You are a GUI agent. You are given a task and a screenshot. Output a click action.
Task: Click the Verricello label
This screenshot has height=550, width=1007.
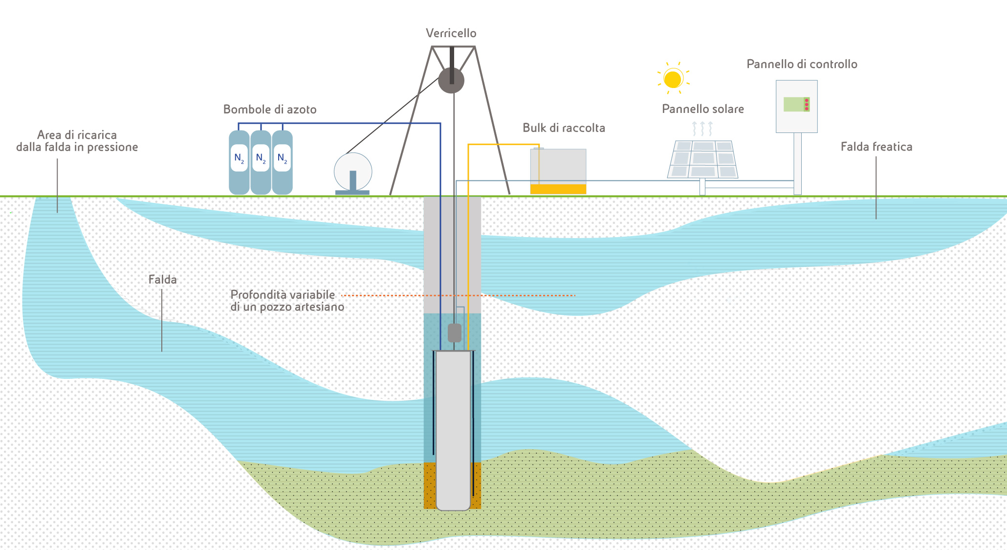click(x=451, y=33)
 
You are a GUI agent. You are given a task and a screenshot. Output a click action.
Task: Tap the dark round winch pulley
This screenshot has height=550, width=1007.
click(x=451, y=80)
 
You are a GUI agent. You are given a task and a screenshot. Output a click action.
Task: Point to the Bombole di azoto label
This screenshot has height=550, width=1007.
click(x=270, y=110)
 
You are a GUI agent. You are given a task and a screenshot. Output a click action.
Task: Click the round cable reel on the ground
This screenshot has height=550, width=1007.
click(x=353, y=171)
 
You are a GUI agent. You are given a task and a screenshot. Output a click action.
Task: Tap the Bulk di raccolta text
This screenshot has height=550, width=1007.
click(x=564, y=128)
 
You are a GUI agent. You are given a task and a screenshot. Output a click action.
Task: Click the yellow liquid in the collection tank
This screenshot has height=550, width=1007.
click(x=558, y=189)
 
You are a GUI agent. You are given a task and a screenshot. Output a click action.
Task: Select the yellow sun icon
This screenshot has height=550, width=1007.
click(x=673, y=79)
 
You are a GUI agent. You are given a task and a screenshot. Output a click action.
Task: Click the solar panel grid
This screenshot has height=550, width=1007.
click(x=702, y=159)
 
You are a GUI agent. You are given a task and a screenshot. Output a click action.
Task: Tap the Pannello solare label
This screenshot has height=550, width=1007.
click(x=702, y=109)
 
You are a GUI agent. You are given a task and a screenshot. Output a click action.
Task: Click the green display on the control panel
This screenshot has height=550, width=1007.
click(x=796, y=104)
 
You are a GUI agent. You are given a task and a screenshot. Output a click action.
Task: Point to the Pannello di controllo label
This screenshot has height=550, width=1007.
click(x=802, y=64)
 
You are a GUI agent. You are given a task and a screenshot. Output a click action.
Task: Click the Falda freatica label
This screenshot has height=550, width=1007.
click(x=876, y=147)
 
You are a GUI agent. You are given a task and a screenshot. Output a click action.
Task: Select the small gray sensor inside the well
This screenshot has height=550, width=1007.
click(x=455, y=333)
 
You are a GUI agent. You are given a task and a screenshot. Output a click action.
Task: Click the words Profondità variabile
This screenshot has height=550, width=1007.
click(x=283, y=295)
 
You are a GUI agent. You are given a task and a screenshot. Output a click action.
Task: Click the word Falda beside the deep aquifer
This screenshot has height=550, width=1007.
click(x=162, y=280)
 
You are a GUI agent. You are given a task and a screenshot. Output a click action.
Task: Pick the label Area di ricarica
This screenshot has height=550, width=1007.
click(x=77, y=135)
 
